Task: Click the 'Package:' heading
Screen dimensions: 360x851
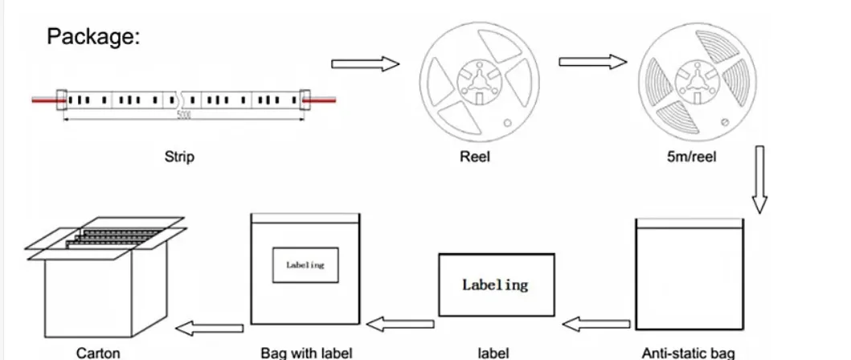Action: (94, 36)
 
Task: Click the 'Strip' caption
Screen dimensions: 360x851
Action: (179, 157)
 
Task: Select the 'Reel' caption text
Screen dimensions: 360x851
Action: (474, 157)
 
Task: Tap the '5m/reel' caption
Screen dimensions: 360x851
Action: (691, 157)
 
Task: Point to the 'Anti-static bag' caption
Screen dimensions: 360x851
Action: (688, 353)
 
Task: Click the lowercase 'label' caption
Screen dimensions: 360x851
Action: (494, 353)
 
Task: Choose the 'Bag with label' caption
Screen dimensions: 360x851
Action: (306, 353)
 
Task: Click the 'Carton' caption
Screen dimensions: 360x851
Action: (98, 353)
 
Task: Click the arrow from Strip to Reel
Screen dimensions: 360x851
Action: (366, 63)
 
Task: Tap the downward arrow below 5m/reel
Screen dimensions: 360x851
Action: (759, 180)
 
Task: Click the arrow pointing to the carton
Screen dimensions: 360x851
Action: (210, 327)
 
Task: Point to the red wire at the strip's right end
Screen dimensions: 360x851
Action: (323, 99)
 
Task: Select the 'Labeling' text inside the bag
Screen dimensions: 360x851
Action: (305, 265)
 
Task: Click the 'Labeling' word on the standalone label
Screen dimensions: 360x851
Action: (495, 284)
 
